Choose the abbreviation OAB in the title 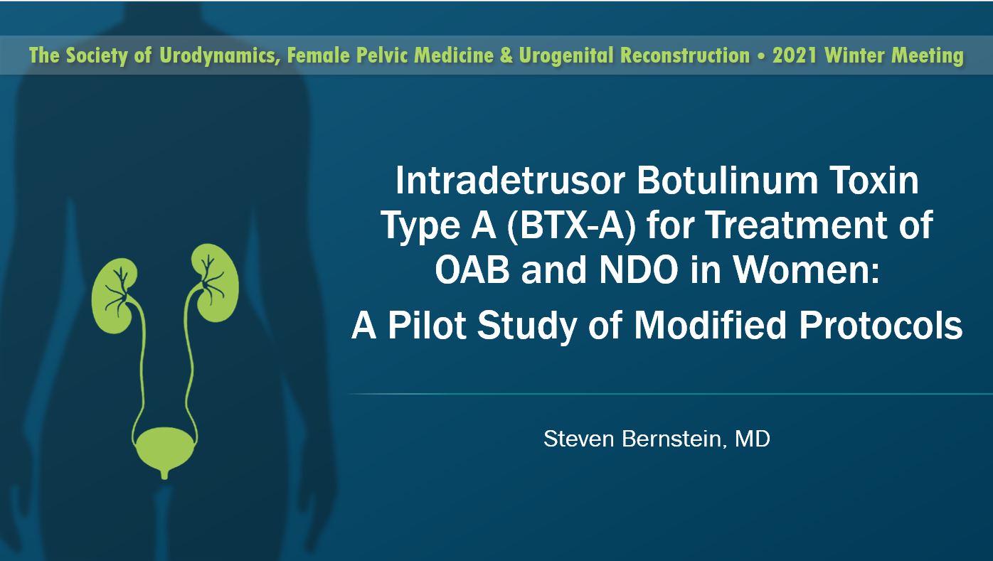pos(472,270)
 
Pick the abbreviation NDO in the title pos(639,270)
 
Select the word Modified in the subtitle pos(710,325)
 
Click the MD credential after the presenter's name pos(753,439)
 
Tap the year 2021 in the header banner pos(795,55)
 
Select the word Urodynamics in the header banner pos(219,56)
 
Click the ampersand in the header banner pos(506,55)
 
